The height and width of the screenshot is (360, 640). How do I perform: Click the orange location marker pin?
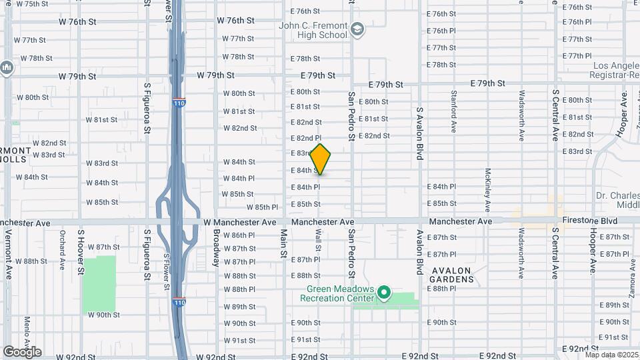tap(321, 159)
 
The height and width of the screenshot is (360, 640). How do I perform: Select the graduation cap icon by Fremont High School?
tap(357, 28)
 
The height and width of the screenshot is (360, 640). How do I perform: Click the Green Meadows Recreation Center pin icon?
tap(383, 292)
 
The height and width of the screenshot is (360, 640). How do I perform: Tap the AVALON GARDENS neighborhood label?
tap(452, 275)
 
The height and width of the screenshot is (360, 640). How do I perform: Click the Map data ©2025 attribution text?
tap(612, 355)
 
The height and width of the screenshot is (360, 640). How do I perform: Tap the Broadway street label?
tap(217, 248)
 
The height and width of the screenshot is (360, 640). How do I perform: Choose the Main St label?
tap(283, 246)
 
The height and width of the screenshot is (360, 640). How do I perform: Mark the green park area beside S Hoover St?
tap(99, 284)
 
